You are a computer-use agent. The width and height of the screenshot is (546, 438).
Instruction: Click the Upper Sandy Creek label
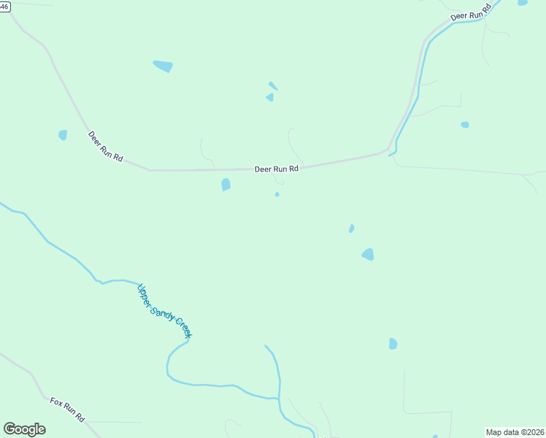pos(164,310)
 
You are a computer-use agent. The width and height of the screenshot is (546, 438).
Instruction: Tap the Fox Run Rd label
pos(67,410)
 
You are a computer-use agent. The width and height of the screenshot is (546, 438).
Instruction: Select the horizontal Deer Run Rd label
pos(277,169)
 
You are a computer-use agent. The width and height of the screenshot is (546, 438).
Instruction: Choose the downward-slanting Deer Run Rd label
pos(106,146)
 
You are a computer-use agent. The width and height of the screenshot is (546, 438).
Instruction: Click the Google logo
pos(24,429)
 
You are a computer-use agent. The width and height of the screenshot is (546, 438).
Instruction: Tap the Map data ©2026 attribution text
pos(515,432)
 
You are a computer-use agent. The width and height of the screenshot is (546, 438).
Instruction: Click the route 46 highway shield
pos(4,5)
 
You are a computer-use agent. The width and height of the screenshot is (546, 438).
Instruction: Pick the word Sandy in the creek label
pos(163,310)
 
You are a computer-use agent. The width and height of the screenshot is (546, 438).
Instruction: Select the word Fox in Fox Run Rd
pos(56,402)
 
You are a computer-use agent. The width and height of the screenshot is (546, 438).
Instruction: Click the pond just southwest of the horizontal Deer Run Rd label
pos(226,185)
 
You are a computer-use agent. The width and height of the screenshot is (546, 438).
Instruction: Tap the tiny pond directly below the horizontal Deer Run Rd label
pos(277,194)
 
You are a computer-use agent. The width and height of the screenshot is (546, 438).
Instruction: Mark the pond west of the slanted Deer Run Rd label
pos(63,135)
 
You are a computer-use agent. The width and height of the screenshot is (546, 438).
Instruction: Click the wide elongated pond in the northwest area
pos(163,66)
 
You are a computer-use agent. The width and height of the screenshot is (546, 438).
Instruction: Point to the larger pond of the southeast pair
pos(368,254)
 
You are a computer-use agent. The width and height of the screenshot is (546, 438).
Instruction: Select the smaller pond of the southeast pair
pos(352,228)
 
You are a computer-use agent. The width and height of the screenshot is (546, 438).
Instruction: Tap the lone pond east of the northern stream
pos(464,125)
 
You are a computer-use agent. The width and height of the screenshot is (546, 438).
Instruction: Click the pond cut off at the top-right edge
pos(523,2)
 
